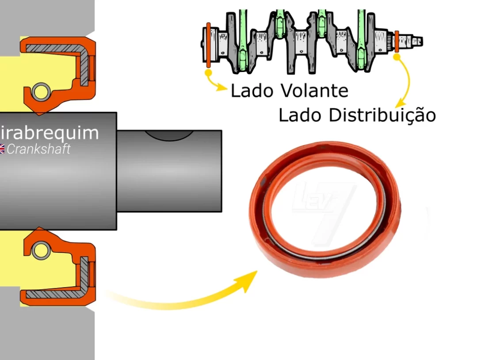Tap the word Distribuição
click(x=382, y=115)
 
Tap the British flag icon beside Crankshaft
click(x=2, y=149)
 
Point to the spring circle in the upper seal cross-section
click(x=41, y=92)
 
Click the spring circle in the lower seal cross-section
click(x=41, y=250)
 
